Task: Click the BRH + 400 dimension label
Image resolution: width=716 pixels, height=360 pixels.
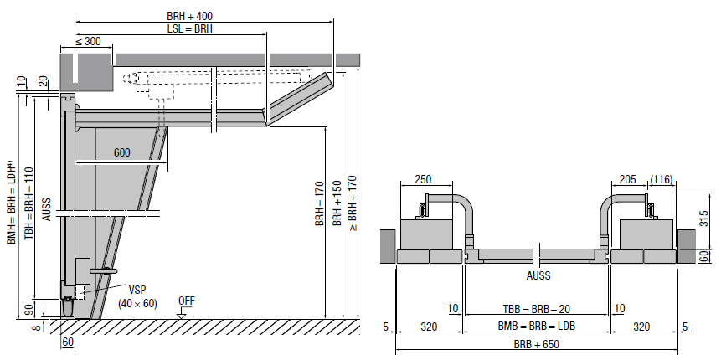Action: [189, 16]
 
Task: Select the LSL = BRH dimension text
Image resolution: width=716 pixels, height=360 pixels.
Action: [189, 28]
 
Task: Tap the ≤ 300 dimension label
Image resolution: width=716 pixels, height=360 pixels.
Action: [88, 41]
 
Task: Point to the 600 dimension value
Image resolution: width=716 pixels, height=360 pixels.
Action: [122, 152]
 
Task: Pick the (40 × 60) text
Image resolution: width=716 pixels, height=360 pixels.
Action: [137, 303]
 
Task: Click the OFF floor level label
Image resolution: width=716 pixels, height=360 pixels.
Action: [186, 301]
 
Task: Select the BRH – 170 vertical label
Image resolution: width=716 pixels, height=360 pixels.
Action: [319, 203]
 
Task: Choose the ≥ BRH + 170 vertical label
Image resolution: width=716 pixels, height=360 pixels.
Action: [353, 203]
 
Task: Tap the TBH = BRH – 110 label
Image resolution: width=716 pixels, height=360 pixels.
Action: [29, 203]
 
